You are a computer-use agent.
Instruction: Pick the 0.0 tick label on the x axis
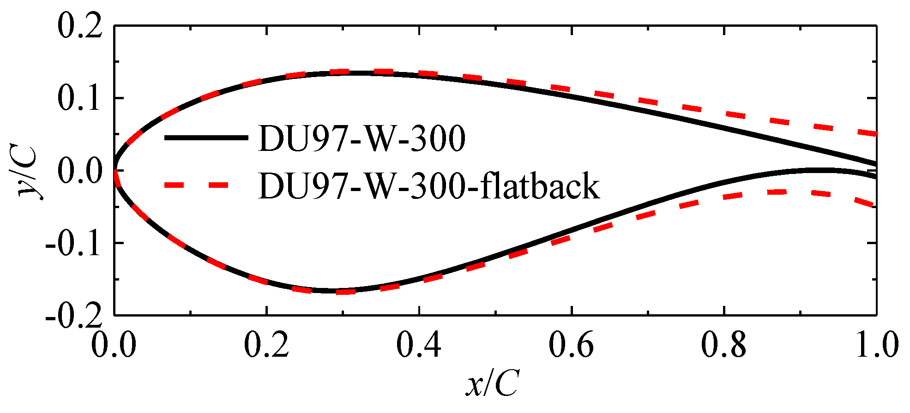click(x=114, y=345)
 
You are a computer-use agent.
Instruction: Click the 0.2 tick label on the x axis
click(x=266, y=345)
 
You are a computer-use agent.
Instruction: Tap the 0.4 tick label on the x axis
click(x=419, y=345)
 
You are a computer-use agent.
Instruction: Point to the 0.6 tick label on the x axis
click(x=571, y=345)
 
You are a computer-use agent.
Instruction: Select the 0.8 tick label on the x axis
click(x=723, y=345)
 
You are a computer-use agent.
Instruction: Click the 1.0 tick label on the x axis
click(x=876, y=345)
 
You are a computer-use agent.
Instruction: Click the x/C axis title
click(x=492, y=383)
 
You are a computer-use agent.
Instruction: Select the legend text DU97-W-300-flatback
click(x=428, y=186)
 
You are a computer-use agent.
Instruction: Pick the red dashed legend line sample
click(x=197, y=185)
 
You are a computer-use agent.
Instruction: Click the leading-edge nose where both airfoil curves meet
click(x=115, y=170)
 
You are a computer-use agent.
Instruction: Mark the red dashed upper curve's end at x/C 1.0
click(x=874, y=134)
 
